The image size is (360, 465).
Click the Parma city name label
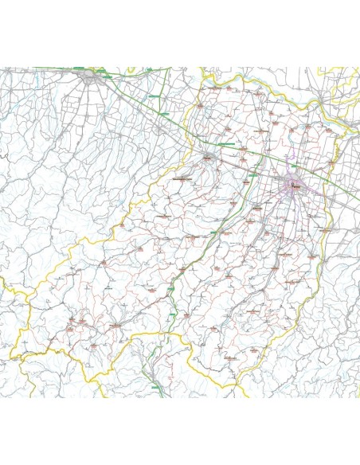[x=296, y=186]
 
